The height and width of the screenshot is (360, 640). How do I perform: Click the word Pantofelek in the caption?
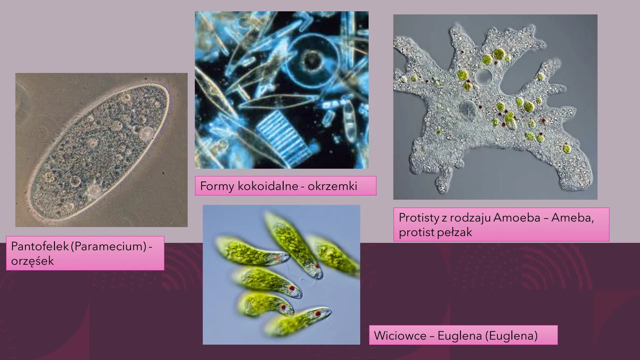40,246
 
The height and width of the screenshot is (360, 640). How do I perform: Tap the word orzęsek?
32,261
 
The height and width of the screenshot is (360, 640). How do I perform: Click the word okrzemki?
332,186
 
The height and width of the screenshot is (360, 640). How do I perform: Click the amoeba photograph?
495,107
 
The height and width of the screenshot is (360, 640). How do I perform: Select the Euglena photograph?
281,275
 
